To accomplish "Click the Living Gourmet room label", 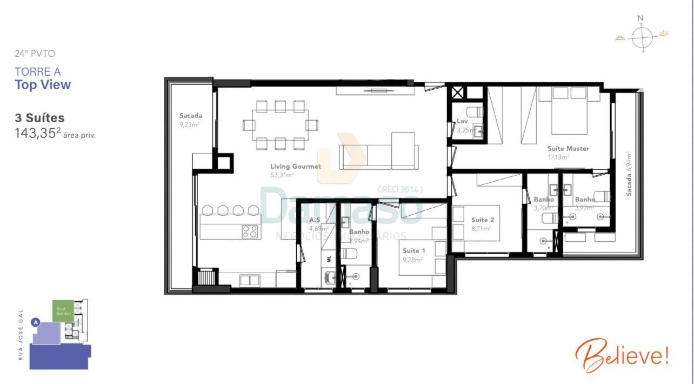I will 295,167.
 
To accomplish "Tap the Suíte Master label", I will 568,149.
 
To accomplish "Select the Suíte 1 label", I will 413,251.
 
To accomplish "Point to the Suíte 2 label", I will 482,220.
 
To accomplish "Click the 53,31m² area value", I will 282,175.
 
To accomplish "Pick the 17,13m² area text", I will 558,157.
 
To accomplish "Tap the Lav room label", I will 462,121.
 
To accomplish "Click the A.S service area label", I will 315,220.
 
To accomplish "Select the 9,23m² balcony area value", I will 190,124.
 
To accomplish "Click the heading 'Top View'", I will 43,85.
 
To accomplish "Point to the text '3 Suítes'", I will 39,118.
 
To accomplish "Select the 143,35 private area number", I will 35,134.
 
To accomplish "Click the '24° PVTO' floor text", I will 35,54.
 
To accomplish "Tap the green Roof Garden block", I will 61,310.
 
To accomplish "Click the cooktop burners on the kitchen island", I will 250,231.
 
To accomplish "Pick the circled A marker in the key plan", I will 36,322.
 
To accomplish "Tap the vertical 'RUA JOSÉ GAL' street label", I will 21,334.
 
